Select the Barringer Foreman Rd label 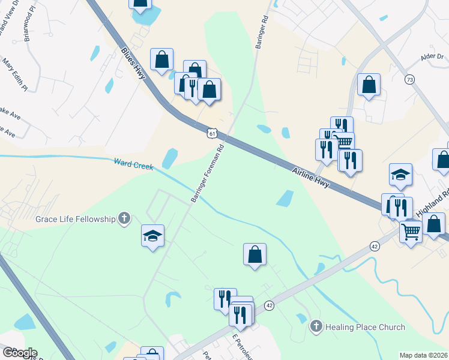click(208, 172)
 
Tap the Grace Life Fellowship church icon click(124, 218)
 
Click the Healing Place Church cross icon click(316, 327)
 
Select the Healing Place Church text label click(365, 327)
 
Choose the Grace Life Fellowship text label click(76, 219)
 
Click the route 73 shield click(409, 79)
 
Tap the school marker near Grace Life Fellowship click(152, 235)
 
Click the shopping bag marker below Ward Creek click(255, 254)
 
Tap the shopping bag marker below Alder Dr click(368, 85)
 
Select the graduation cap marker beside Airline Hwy click(400, 175)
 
